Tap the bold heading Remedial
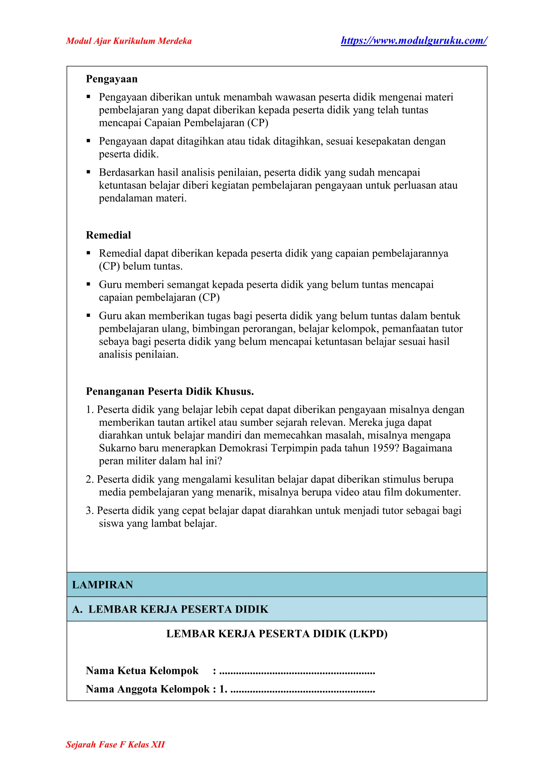(108, 235)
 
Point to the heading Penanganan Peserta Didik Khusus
(170, 391)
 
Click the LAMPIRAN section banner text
(102, 585)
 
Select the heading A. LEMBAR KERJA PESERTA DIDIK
(170, 609)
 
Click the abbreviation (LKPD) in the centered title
(368, 634)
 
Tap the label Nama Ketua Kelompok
(142, 671)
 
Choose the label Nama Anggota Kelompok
(147, 689)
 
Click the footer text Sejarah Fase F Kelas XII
(115, 744)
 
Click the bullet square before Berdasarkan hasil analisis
(88, 172)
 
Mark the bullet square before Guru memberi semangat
(88, 284)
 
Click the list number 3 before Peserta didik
(89, 510)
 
